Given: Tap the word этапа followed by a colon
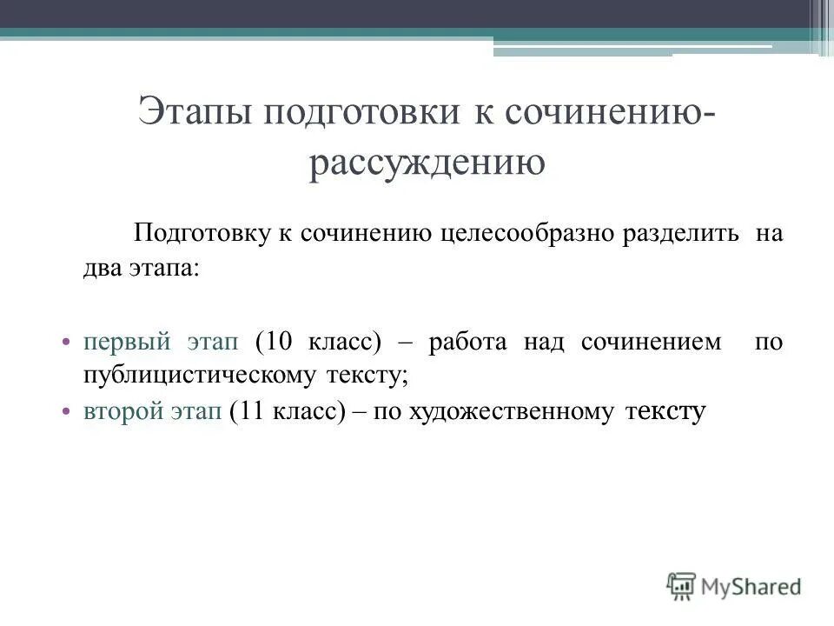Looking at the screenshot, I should [x=164, y=269].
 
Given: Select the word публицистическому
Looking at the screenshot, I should [x=192, y=376].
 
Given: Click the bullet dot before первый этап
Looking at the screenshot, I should [x=66, y=343].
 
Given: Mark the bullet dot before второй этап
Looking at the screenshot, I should [x=66, y=413].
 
